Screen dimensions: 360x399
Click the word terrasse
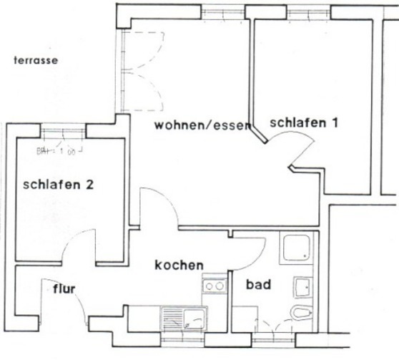[x=35, y=61]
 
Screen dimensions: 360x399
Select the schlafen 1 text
[x=303, y=122]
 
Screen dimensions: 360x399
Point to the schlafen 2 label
[x=58, y=184]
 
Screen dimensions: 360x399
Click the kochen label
[x=179, y=265]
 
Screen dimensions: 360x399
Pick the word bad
[x=258, y=285]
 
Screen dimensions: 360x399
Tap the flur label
[x=64, y=289]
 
